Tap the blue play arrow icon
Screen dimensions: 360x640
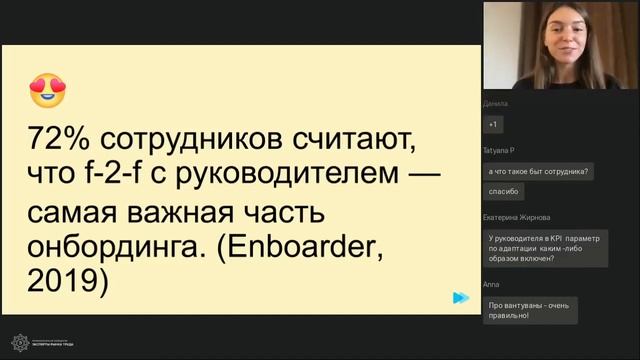click(460, 297)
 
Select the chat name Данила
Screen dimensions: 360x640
click(496, 103)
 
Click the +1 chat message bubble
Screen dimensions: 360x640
click(493, 124)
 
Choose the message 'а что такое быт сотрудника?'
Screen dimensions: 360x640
click(538, 171)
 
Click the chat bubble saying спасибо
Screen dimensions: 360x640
click(504, 192)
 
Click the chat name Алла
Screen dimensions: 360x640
click(491, 284)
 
